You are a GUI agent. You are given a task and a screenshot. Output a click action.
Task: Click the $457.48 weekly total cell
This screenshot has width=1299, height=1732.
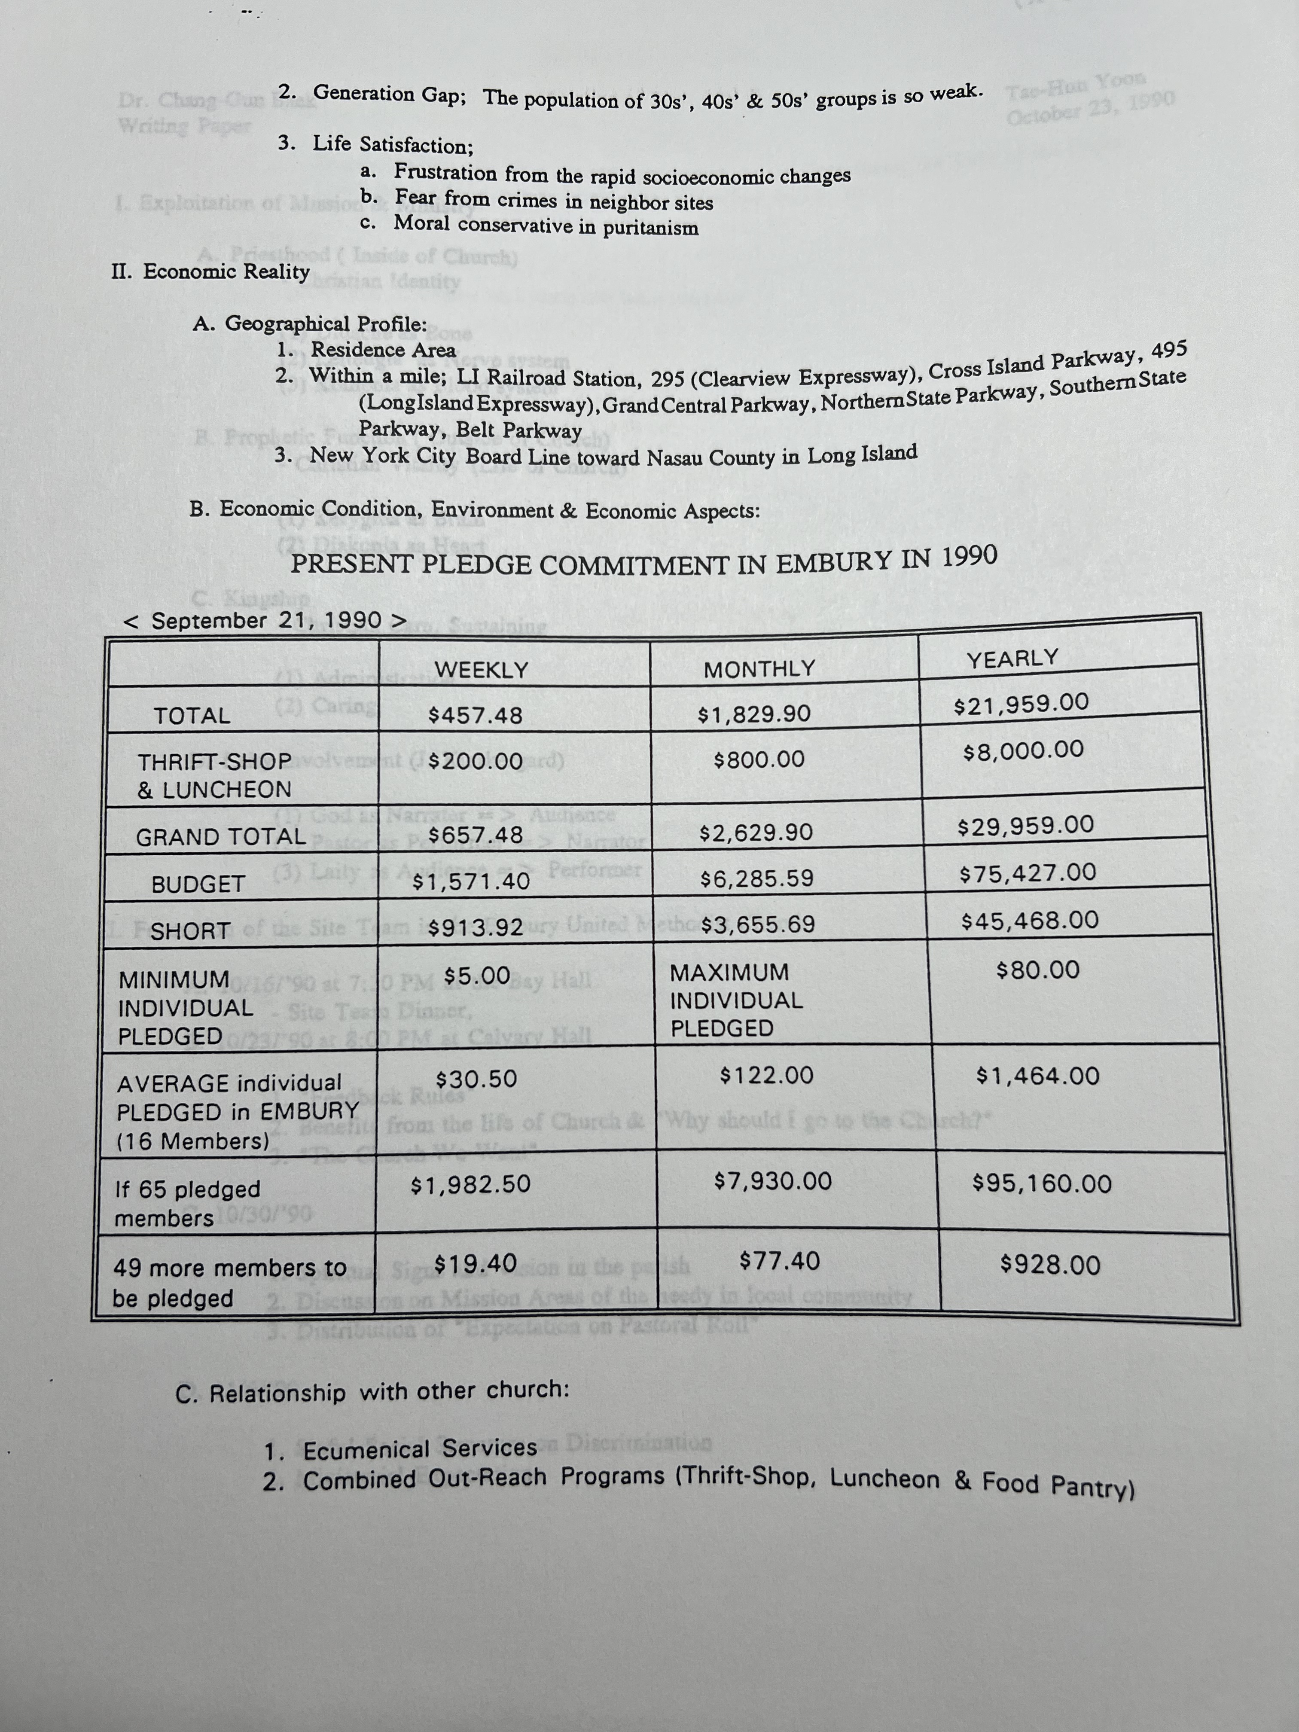pyautogui.click(x=475, y=716)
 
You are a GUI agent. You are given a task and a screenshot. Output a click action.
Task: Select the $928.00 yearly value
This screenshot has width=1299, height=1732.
pyautogui.click(x=1050, y=1265)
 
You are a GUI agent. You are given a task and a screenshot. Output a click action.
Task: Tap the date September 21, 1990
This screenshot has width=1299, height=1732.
pyautogui.click(x=266, y=621)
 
